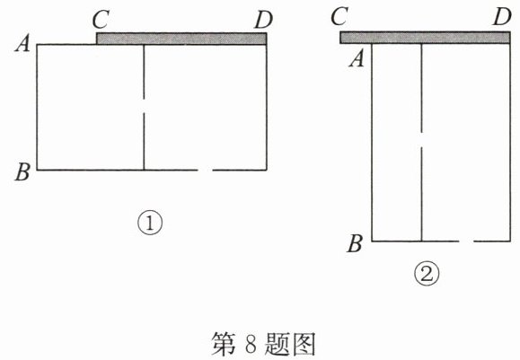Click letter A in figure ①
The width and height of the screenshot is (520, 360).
[x=22, y=44]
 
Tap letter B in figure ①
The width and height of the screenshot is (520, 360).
[x=22, y=171]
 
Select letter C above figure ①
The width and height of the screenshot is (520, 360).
[x=101, y=19]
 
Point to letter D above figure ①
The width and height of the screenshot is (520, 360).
[x=264, y=20]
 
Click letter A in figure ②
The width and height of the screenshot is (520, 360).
[x=357, y=59]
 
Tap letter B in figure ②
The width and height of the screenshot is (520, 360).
[x=355, y=243]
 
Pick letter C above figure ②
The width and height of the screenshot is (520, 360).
[x=339, y=16]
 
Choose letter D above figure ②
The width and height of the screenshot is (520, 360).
[x=502, y=16]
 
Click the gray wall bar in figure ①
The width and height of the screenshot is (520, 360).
[x=181, y=39]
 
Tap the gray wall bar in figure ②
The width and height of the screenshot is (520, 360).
[x=425, y=38]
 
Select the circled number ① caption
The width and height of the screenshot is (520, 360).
[x=150, y=224]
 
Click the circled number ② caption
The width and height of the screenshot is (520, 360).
[x=427, y=274]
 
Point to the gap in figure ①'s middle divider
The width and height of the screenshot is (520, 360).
[x=144, y=106]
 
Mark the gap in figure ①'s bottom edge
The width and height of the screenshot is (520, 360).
[x=206, y=170]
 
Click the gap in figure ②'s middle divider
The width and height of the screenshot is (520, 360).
[x=421, y=141]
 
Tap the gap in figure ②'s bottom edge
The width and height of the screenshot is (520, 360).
[x=466, y=241]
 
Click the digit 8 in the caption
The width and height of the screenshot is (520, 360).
[x=251, y=345]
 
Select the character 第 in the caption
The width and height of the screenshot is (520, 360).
[x=224, y=344]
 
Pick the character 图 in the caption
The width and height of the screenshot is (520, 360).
[x=304, y=344]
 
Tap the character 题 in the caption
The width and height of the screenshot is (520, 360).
[x=277, y=344]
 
